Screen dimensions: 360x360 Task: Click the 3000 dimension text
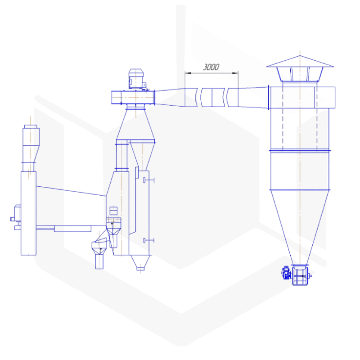coord(211,67)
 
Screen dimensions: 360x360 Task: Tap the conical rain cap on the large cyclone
coord(300,62)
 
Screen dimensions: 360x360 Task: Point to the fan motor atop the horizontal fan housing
coord(136,80)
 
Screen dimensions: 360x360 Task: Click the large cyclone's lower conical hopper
coord(300,225)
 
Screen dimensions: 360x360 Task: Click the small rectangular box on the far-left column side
coord(18,212)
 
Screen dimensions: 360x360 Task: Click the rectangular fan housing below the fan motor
coord(133,96)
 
